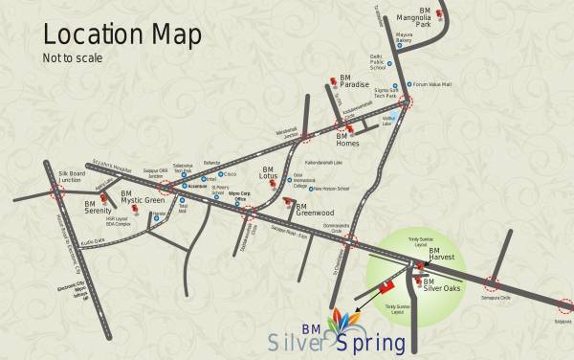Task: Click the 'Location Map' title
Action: pos(122,34)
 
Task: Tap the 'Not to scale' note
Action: pos(70,57)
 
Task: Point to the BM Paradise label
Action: pos(354,84)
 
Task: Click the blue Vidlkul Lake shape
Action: pos(388,122)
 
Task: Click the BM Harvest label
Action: pos(442,256)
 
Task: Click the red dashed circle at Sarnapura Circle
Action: pos(493,284)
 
